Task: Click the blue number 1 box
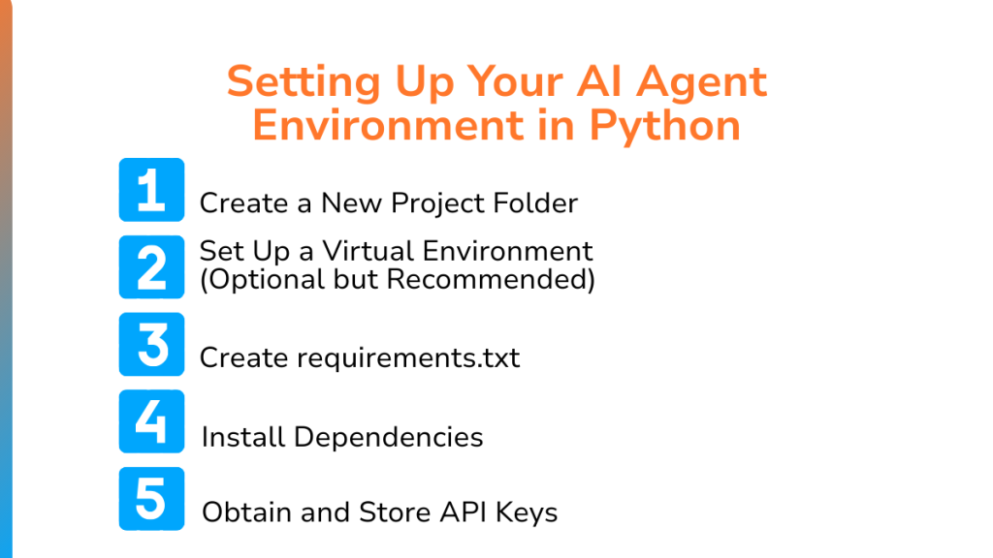(151, 190)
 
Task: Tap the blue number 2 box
(151, 267)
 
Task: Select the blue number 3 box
(151, 344)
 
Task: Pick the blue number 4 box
(151, 421)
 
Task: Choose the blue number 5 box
(151, 499)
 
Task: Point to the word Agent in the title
(702, 83)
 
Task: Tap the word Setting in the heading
(304, 83)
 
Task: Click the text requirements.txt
(408, 358)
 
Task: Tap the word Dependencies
(388, 437)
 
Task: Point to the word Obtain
(247, 512)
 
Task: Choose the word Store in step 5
(395, 512)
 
